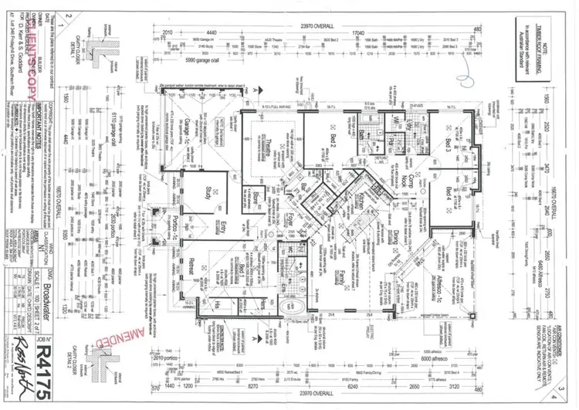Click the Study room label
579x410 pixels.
pos(208,191)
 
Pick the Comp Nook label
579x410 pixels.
pos(406,181)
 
